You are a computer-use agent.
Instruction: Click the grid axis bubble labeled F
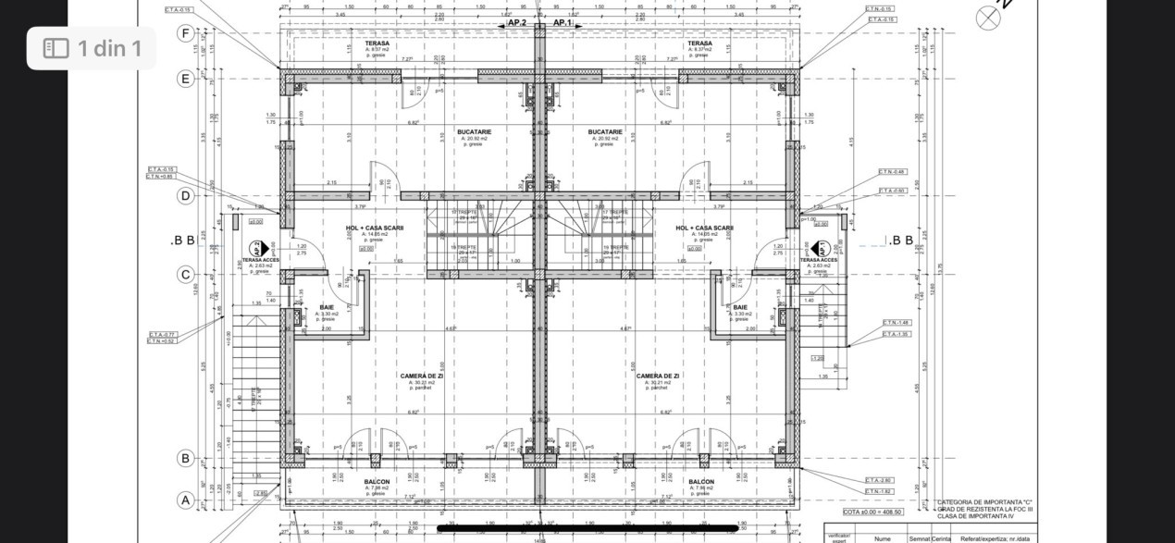(x=186, y=34)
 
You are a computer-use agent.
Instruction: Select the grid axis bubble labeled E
(x=186, y=79)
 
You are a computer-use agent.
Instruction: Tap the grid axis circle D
(x=186, y=195)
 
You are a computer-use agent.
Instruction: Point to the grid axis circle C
(x=186, y=274)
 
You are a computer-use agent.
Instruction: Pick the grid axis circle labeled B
(x=186, y=458)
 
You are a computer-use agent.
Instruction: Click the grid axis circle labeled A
(x=186, y=500)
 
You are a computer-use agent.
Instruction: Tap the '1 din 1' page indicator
(x=92, y=48)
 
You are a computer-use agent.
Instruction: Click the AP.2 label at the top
(x=516, y=22)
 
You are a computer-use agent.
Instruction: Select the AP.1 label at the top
(x=562, y=22)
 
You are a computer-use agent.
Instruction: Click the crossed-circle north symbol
(x=988, y=18)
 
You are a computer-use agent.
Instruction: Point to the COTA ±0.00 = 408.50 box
(x=872, y=512)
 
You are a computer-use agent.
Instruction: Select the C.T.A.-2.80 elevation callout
(x=879, y=481)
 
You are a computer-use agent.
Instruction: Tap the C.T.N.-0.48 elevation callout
(x=892, y=172)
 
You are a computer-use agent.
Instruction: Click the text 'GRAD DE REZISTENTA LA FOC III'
(x=985, y=509)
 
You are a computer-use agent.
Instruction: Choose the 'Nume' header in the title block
(x=882, y=537)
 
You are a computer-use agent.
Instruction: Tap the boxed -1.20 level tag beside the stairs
(x=818, y=359)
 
